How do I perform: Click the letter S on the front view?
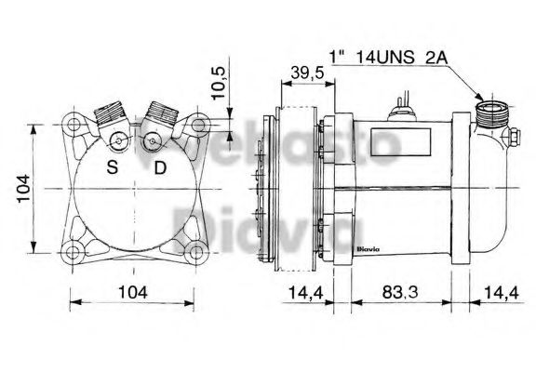(x=112, y=168)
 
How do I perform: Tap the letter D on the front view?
(x=160, y=168)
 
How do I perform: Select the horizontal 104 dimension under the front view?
(x=134, y=294)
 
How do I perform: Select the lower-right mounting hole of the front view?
(x=194, y=249)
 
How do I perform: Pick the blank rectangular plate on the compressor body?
(x=400, y=141)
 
